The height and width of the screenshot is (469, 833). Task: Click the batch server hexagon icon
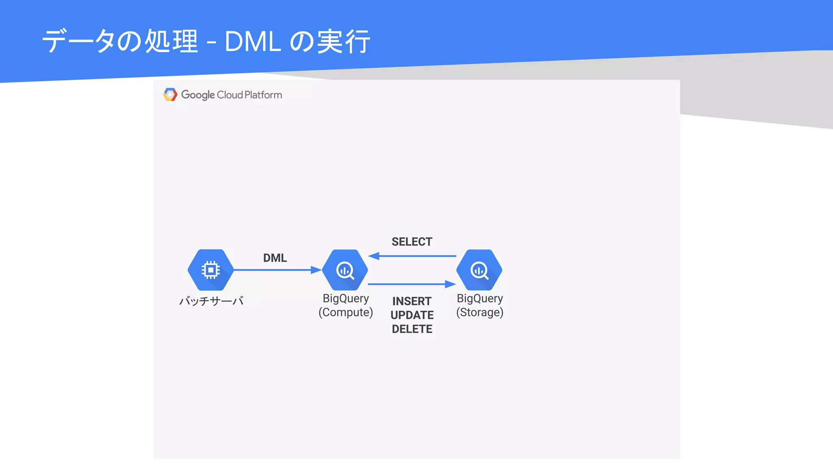pyautogui.click(x=211, y=270)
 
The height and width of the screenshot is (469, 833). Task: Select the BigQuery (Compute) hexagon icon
pyautogui.click(x=345, y=270)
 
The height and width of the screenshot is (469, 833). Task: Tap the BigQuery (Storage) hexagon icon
pyautogui.click(x=479, y=270)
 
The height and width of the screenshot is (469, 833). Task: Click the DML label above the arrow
pyautogui.click(x=275, y=258)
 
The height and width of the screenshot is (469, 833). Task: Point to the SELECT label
pyautogui.click(x=412, y=242)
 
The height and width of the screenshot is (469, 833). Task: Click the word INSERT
pyautogui.click(x=412, y=301)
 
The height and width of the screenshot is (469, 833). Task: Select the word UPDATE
pyautogui.click(x=412, y=315)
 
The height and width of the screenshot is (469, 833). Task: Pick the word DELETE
pyautogui.click(x=412, y=329)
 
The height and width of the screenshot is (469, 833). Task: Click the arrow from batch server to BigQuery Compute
pyautogui.click(x=277, y=270)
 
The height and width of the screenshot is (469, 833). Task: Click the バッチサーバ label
pyautogui.click(x=212, y=301)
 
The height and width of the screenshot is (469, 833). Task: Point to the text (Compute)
pyautogui.click(x=346, y=312)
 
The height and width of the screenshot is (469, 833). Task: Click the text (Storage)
pyautogui.click(x=480, y=312)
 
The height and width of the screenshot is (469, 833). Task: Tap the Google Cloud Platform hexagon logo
pyautogui.click(x=170, y=94)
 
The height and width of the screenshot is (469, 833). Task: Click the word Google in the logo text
pyautogui.click(x=198, y=95)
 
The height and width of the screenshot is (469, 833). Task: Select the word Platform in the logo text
pyautogui.click(x=263, y=95)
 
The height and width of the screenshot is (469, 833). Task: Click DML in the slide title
pyautogui.click(x=253, y=42)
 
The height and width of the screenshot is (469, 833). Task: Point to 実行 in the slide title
pyautogui.click(x=344, y=42)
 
